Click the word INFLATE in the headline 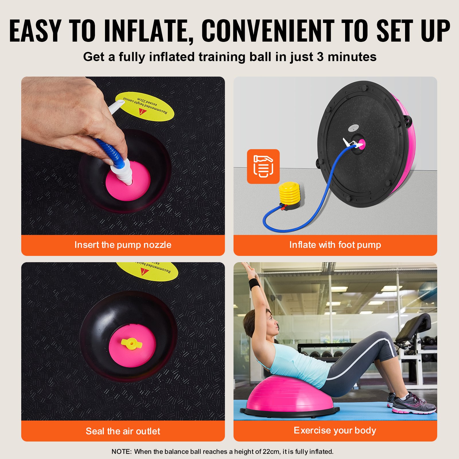pos(149,31)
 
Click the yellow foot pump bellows pos(289,193)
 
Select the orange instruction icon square pos(263,166)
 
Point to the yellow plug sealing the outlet pos(131,343)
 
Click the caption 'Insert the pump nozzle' pos(123,245)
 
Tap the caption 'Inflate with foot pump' pos(335,245)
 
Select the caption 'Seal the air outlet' pos(123,431)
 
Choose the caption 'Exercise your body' pos(335,430)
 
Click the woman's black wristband pos(254,283)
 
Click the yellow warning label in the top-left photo pos(145,106)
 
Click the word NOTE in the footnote pos(121,452)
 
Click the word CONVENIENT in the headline pos(268,31)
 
